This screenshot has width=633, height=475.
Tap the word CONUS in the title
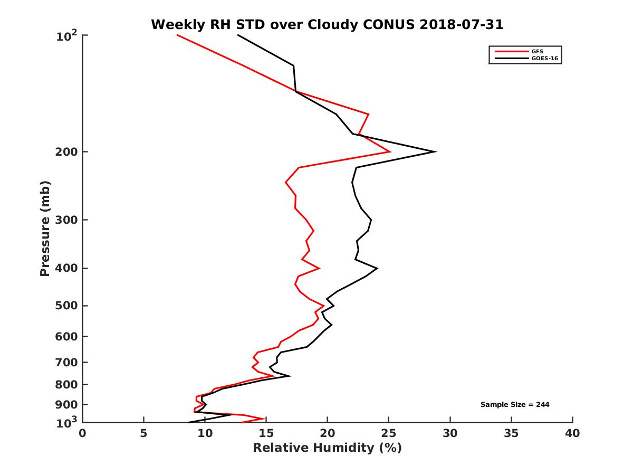click(x=380, y=24)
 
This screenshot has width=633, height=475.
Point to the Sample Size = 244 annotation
click(x=515, y=405)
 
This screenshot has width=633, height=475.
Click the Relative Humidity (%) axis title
click(x=327, y=448)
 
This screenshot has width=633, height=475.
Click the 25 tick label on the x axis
click(x=389, y=434)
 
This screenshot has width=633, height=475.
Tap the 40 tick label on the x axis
click(x=572, y=434)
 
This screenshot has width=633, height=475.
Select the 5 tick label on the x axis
click(x=143, y=434)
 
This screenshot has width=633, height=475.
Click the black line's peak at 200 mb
click(x=435, y=152)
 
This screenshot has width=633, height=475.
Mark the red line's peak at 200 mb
click(x=390, y=152)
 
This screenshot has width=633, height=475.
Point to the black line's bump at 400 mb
click(x=377, y=268)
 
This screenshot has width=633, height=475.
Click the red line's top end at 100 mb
click(x=177, y=35)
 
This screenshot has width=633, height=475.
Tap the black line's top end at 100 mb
click(x=238, y=35)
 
